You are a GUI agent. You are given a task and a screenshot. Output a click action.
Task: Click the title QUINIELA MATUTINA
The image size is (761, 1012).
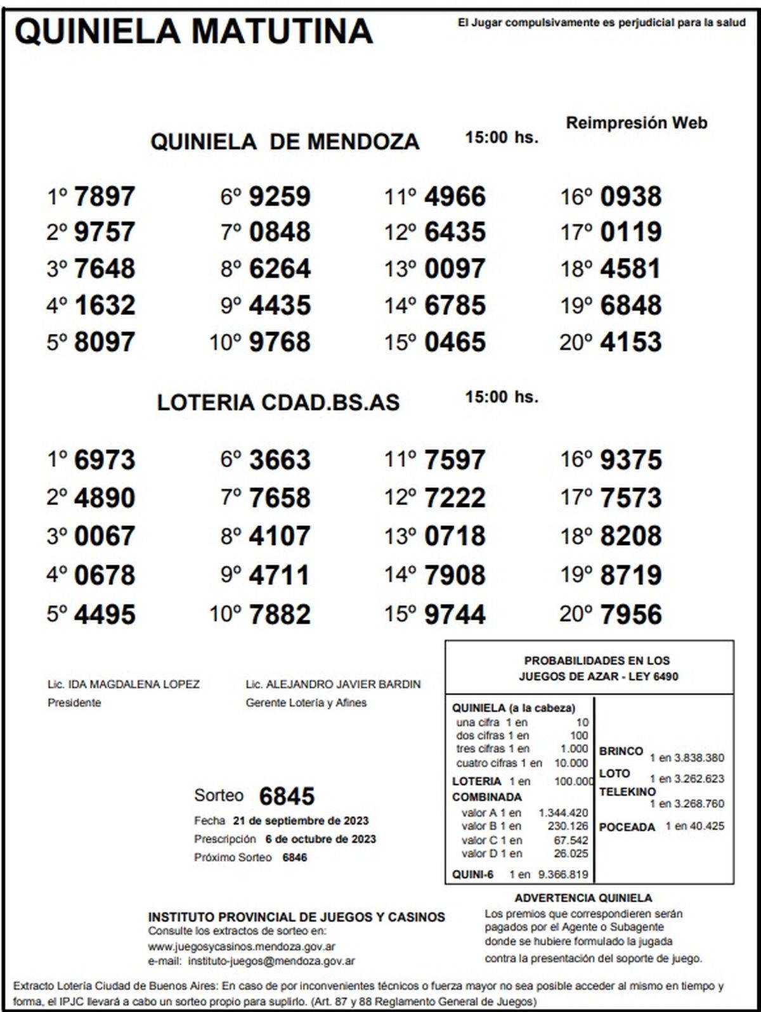pos(193,30)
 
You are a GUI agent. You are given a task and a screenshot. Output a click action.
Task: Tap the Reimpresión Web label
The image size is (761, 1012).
pos(636,123)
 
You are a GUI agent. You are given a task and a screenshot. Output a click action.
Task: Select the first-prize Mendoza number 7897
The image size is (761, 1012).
pos(105,196)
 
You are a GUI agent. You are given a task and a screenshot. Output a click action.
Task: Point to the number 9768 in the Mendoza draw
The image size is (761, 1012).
pos(280,342)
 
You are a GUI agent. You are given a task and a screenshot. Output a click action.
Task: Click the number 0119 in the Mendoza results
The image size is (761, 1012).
pos(630,232)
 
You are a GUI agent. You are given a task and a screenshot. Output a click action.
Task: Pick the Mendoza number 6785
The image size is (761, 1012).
pos(455,305)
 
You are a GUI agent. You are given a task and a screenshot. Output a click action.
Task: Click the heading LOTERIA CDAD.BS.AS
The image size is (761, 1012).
pos(278,402)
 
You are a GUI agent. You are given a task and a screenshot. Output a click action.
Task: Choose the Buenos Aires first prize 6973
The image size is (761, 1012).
pos(105,460)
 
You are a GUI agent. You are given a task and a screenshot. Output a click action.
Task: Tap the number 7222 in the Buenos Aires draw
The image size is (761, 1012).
pos(455,498)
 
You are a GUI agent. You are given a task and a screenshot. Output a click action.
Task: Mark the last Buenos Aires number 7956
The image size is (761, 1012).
pos(630,615)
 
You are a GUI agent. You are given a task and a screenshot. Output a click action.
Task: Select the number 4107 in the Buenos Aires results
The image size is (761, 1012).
pos(280,537)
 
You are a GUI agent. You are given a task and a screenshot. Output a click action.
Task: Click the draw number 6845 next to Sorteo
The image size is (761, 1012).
pos(287,797)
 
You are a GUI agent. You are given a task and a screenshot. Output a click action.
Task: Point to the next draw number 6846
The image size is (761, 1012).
pos(295,857)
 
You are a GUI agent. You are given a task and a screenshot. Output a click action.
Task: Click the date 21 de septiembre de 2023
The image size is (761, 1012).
pos(301,821)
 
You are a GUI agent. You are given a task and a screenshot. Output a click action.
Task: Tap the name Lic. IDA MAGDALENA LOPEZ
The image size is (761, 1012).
pos(124,684)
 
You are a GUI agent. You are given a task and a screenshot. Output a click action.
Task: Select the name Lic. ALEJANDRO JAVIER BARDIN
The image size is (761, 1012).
pos(333,684)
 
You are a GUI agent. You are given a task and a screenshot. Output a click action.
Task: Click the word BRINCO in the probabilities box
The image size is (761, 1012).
pos(621,751)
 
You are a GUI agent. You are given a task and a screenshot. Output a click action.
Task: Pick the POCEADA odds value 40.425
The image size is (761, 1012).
pos(707,826)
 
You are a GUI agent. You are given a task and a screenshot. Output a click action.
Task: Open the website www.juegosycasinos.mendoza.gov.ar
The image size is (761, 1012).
pos(242,947)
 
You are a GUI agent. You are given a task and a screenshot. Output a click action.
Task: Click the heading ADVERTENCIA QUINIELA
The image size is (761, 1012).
pos(583,898)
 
